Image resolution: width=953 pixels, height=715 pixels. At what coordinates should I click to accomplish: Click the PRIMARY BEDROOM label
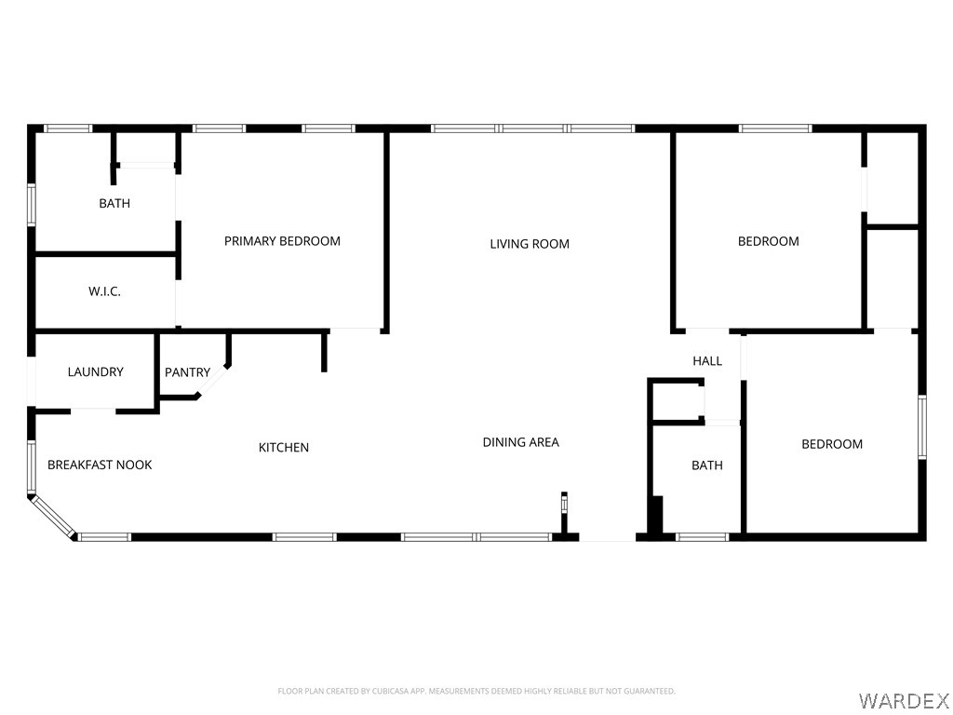(x=282, y=241)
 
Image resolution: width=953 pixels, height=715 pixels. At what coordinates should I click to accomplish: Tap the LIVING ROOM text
(x=530, y=244)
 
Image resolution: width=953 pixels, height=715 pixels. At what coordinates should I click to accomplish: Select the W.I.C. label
(x=104, y=291)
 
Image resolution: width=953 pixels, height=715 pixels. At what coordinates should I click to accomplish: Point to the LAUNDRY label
(x=96, y=371)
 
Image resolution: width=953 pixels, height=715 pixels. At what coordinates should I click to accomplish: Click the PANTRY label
(x=187, y=372)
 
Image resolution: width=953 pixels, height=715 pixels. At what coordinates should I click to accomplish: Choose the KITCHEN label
(x=284, y=448)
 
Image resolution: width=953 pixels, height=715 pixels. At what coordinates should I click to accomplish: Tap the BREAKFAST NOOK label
(x=100, y=465)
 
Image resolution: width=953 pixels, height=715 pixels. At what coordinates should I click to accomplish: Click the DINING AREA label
(x=521, y=442)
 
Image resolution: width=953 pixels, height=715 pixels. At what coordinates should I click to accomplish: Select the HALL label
(x=707, y=361)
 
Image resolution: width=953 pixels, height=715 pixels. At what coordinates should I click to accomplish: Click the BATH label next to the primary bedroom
(x=114, y=203)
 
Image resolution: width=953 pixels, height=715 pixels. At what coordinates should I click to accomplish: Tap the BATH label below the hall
(x=707, y=465)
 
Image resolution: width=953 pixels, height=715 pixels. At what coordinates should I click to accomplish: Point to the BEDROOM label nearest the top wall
(x=768, y=241)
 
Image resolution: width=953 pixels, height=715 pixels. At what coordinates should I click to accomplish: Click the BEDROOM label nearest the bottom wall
(x=832, y=444)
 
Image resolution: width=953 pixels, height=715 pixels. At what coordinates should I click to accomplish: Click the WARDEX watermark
(x=903, y=701)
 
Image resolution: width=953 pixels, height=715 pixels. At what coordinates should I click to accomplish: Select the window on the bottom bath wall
(x=702, y=537)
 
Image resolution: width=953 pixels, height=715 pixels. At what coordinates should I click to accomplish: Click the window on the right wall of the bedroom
(x=922, y=426)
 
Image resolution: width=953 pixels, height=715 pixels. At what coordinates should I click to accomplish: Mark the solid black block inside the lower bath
(x=656, y=515)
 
